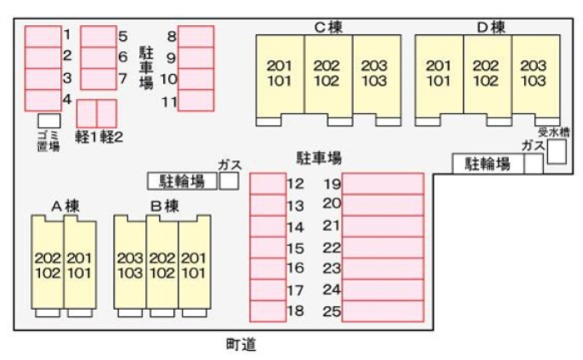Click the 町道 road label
pos(241,345)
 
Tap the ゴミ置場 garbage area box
pos(49,121)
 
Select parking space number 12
pos(267,183)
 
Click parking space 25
pos(383,311)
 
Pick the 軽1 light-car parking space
pos(87,113)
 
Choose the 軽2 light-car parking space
pos(107,113)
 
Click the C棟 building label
pos(328,27)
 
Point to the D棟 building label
pos(491,27)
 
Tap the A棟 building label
pos(66,206)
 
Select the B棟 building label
pos(165,206)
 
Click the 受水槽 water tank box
pos(557,152)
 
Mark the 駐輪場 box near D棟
pos(488,163)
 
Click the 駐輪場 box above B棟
pos(182,181)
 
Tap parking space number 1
pos(43,37)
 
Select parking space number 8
pos(196,37)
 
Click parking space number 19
pos(383,183)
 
